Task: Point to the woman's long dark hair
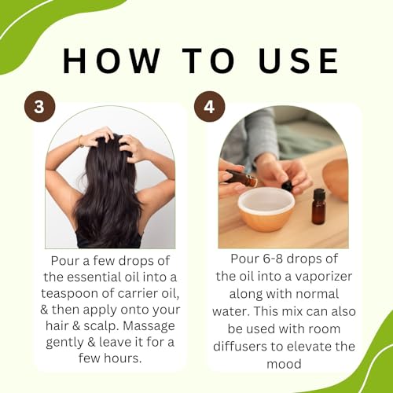108,196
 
